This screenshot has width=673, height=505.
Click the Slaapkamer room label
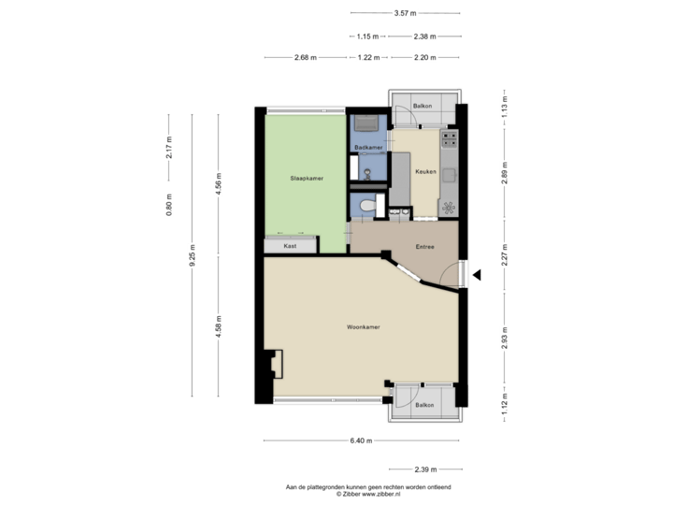point(306,179)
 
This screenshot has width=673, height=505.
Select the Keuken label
point(426,171)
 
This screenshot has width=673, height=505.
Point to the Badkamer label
point(369,148)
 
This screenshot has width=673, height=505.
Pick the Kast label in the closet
point(291,245)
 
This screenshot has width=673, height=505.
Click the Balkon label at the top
point(422,107)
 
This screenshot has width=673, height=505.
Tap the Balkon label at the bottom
point(424,404)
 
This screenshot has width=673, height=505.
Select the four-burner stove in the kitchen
point(450,139)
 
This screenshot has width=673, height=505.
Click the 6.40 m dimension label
point(362,440)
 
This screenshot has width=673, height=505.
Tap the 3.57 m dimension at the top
point(406,13)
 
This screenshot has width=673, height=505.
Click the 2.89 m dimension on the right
point(505,178)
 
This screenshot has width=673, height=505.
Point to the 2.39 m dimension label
point(424,469)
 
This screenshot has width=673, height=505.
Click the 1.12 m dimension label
point(505,405)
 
